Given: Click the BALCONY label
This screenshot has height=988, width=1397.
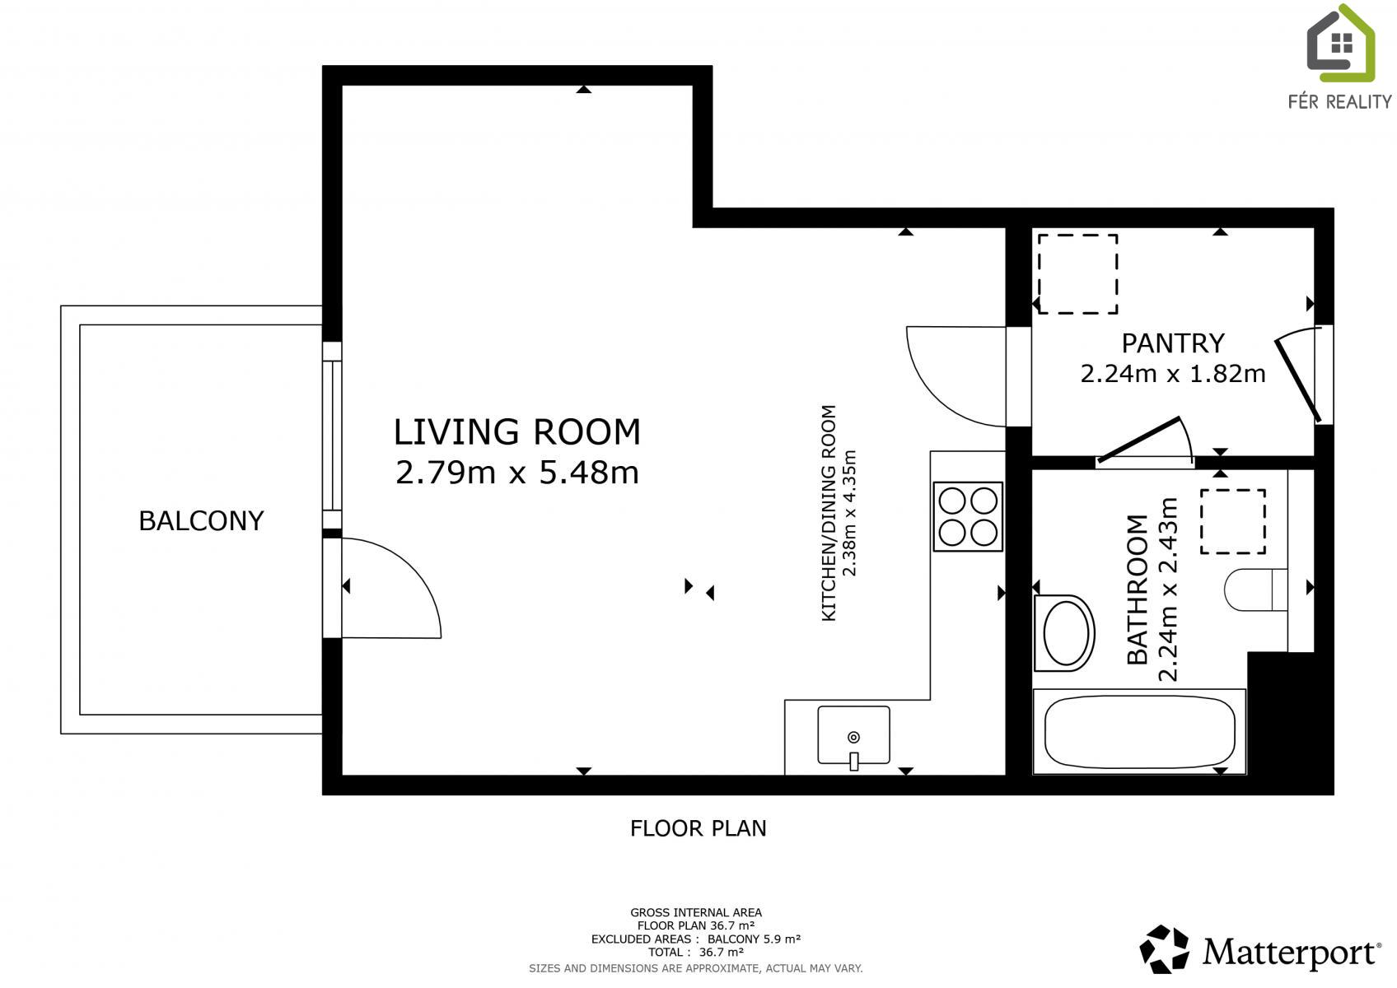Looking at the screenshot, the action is click(202, 521).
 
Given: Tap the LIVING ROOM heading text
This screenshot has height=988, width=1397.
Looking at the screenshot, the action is click(517, 432).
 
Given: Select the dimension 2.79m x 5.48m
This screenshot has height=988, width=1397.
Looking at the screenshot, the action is click(517, 472).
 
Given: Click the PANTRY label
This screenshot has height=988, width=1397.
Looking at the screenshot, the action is click(1172, 343).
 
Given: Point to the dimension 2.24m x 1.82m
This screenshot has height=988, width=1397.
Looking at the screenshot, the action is click(1172, 374).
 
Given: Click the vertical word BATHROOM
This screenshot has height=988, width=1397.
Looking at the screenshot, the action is click(1138, 590).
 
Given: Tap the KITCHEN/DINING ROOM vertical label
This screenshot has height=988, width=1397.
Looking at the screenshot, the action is click(828, 513).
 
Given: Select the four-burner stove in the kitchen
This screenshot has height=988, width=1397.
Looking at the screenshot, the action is click(968, 517).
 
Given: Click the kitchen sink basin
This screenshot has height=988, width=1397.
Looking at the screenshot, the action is click(854, 735).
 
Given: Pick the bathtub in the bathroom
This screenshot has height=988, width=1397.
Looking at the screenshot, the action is click(1139, 732).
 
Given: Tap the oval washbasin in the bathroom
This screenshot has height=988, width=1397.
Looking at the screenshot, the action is click(1065, 633).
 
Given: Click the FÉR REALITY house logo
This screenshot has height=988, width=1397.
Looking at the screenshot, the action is click(1340, 44).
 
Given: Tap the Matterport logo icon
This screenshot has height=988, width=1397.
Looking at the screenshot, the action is click(1164, 948).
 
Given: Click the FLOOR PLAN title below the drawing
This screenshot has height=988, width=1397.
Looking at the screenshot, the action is click(698, 828).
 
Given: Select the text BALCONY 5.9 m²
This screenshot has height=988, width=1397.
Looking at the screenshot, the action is click(754, 939).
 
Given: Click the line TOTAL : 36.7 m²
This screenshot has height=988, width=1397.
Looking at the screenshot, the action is click(696, 953).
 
